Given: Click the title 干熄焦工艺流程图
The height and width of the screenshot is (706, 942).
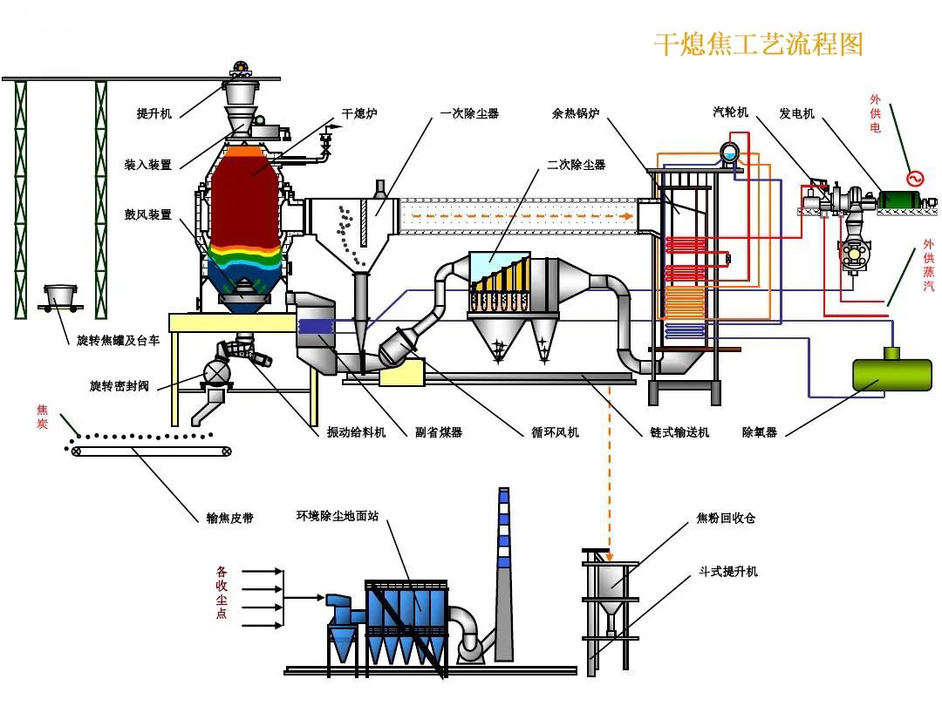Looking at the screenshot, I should click(x=758, y=44).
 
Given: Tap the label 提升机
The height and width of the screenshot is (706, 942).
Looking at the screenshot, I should click(x=154, y=113).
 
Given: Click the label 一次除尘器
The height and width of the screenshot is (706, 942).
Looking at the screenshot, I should click(x=469, y=113).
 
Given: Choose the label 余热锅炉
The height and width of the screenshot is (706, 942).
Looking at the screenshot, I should click(x=576, y=113).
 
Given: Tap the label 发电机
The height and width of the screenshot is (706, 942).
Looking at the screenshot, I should click(x=796, y=113).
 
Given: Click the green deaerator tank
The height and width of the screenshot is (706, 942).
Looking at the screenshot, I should click(x=891, y=373).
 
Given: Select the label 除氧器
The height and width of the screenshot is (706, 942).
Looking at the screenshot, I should click(x=759, y=431).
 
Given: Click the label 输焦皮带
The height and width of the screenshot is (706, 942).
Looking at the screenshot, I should click(x=229, y=518).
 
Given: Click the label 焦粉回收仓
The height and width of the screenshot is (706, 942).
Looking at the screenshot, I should click(x=726, y=518).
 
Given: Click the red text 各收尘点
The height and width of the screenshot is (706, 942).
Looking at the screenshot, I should click(x=222, y=593).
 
